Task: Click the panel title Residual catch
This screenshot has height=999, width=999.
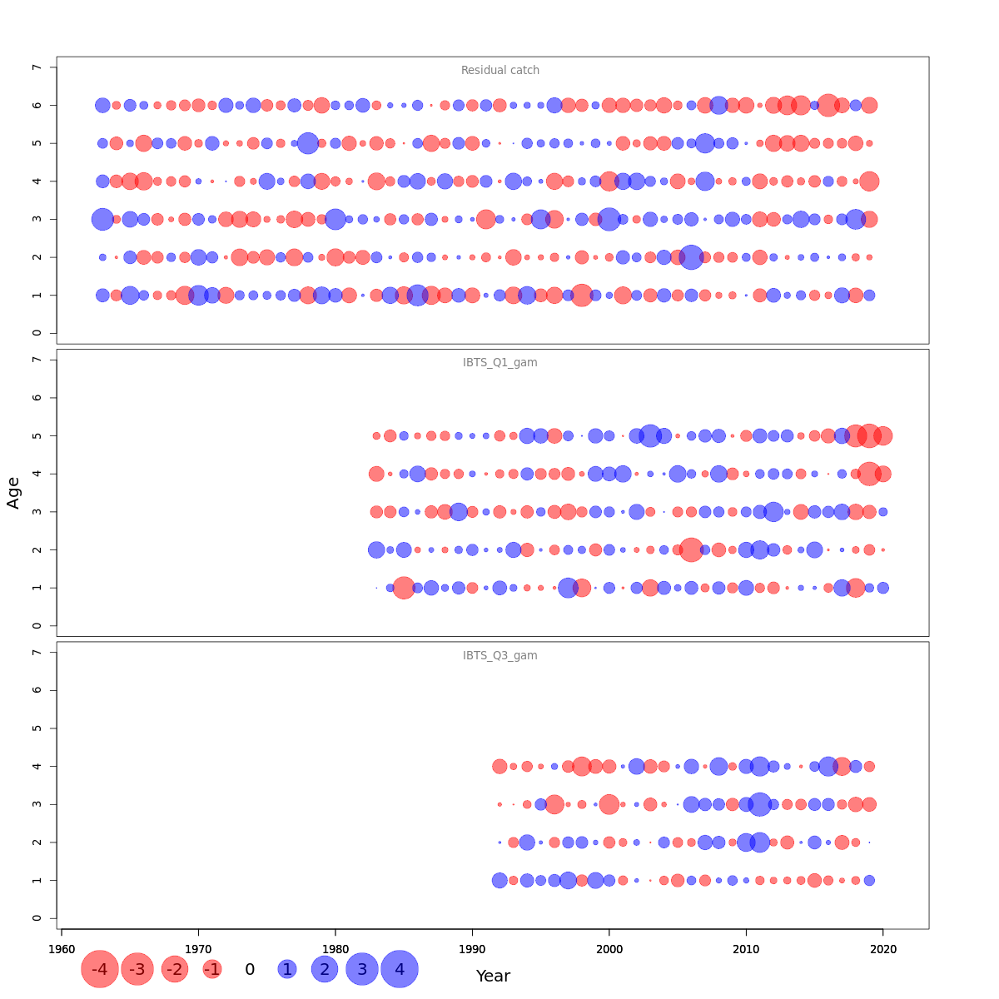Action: coord(500,71)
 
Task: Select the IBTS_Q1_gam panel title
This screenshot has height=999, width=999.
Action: coord(500,363)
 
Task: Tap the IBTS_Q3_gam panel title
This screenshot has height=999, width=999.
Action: coord(500,656)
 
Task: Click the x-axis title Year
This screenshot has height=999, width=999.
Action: coord(493,976)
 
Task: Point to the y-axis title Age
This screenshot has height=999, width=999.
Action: coord(13,493)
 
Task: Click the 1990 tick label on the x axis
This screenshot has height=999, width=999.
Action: coord(472,950)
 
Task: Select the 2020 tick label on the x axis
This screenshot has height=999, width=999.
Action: coord(882,950)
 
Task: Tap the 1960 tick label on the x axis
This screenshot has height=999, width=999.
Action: coord(62,950)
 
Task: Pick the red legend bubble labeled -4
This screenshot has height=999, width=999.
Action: coord(100,969)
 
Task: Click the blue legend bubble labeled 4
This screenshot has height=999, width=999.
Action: coord(400,969)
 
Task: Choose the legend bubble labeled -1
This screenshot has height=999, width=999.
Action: coord(212,969)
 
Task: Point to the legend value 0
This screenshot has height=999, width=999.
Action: coord(250,969)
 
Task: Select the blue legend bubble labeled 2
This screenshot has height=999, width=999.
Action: coord(325,969)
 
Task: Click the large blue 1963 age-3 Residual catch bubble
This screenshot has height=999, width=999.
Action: coord(102,219)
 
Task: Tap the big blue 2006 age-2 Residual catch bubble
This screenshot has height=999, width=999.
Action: coord(691,257)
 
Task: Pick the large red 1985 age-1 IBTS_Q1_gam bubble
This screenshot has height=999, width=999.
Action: coord(404,588)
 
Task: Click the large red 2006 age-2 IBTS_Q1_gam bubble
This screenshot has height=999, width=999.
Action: coord(691,549)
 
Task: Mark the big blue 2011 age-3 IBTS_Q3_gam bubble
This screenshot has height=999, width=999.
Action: coord(759,804)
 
